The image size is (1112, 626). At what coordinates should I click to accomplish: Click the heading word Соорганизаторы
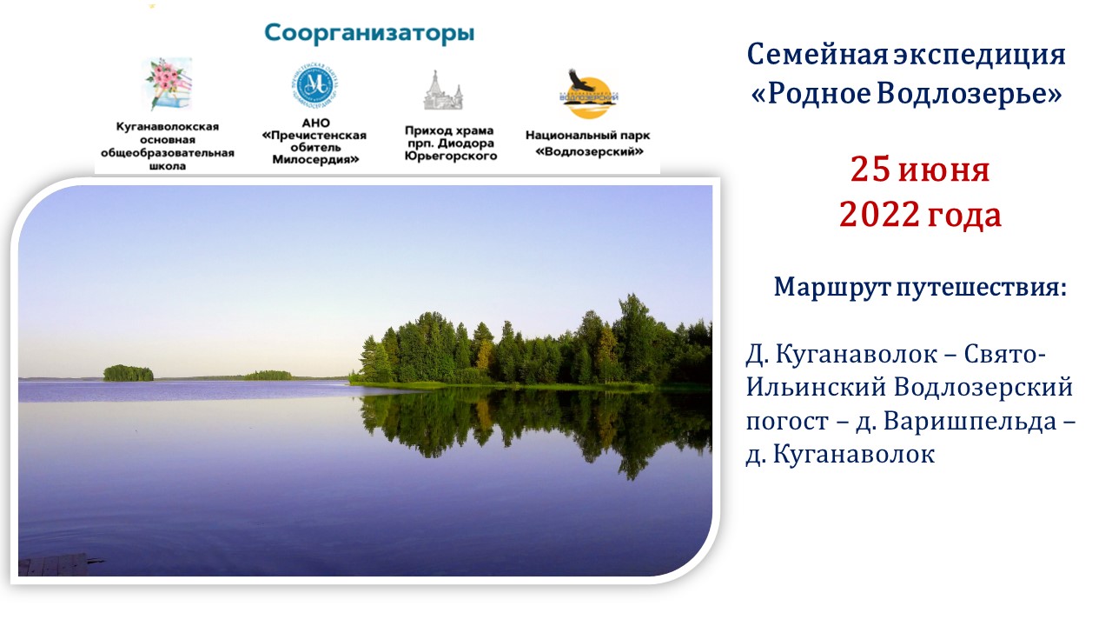pos(369,34)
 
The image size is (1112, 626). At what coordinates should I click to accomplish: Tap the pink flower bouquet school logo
pos(168,84)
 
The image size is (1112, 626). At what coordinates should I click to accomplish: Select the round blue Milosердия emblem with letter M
pos(314,85)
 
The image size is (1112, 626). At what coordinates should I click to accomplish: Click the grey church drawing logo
pos(443,90)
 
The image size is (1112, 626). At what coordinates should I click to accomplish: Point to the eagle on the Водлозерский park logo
pos(581,81)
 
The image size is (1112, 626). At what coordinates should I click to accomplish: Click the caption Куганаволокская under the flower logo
pos(168,127)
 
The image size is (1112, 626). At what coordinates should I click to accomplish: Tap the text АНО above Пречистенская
pos(315,123)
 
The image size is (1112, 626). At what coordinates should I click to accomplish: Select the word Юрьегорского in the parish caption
pos(451,156)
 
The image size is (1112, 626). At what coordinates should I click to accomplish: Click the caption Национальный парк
pos(588,135)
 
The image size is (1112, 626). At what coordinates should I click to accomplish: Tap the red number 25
pos(870,170)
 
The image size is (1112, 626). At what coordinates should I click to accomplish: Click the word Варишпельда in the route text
pos(970,422)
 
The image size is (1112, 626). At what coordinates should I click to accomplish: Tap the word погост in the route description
pos(787,423)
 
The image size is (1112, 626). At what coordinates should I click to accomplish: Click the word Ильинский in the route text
pos(816,388)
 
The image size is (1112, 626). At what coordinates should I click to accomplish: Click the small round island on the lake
pos(128,373)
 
